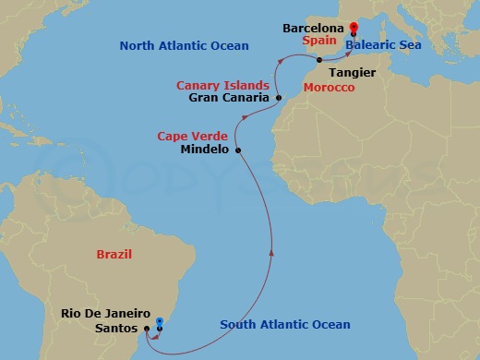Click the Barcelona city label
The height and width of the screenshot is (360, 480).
point(312,29)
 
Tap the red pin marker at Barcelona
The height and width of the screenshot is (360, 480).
point(353,28)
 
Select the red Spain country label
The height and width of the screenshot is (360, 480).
point(319,42)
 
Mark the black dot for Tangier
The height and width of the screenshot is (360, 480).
point(318,60)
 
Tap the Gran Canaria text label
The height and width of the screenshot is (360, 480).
point(229,98)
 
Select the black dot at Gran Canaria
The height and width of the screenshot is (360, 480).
point(278,97)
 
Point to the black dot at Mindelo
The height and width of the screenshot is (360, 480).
point(238,150)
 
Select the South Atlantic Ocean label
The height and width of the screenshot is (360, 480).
point(284,324)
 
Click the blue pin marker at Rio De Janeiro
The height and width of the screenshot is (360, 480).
point(160,322)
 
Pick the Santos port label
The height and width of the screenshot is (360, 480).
point(118,327)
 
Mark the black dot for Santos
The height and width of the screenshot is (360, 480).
point(148,328)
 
